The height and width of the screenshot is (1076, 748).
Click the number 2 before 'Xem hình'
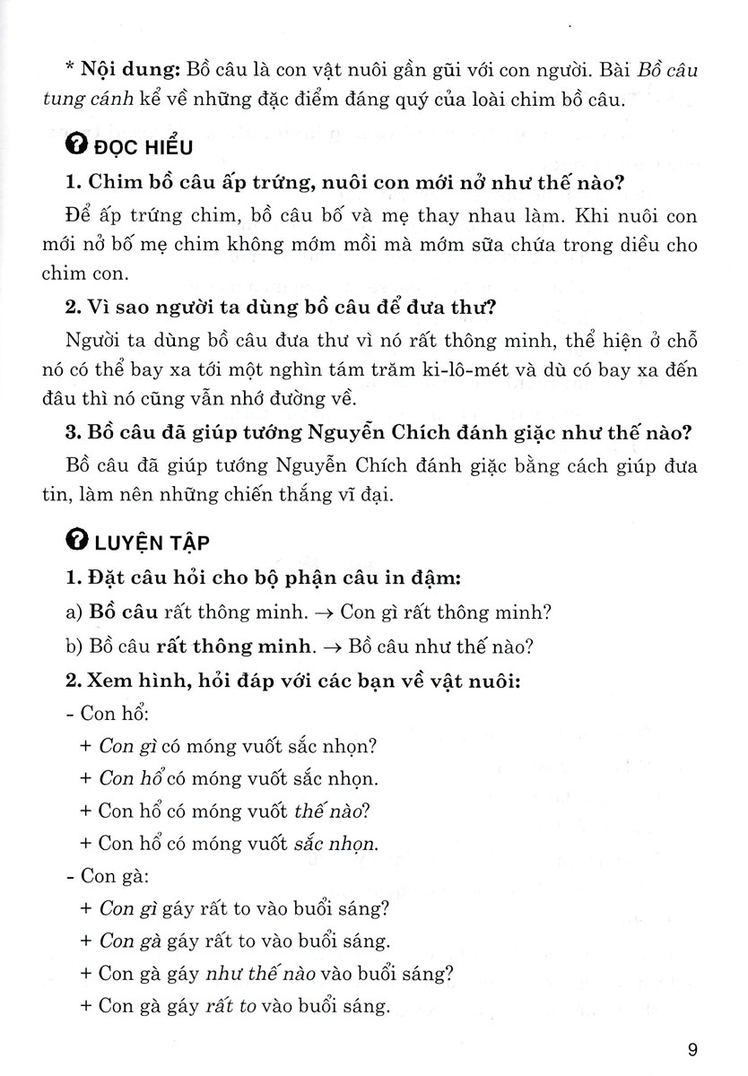point(73,681)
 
